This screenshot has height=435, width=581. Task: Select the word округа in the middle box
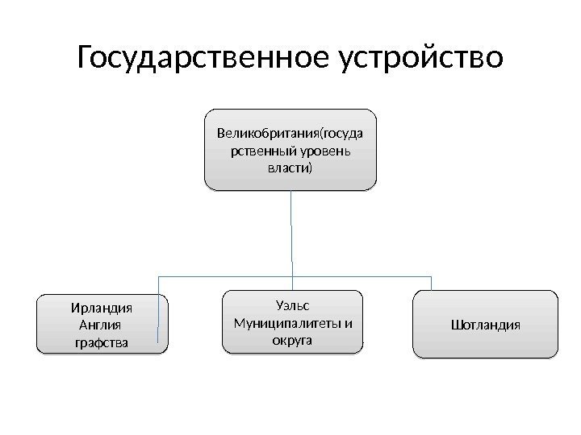click(x=292, y=341)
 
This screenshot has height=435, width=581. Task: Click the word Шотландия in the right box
click(x=486, y=325)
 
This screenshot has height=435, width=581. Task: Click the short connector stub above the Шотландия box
click(x=432, y=282)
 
